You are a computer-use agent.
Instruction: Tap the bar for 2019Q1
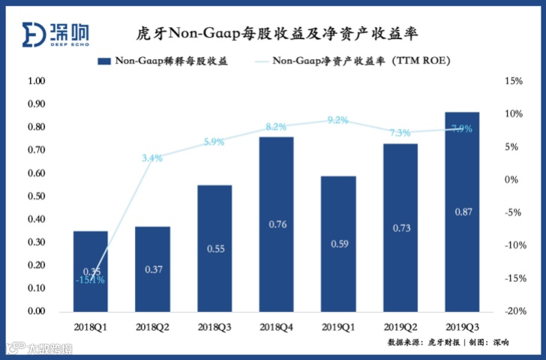pyautogui.click(x=338, y=243)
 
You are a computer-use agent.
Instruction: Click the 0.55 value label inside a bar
pyautogui.click(x=214, y=248)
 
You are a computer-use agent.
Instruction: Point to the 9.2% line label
pyautogui.click(x=338, y=120)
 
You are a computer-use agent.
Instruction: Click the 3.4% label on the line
pyautogui.click(x=152, y=157)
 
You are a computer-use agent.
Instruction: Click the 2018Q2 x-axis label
pyautogui.click(x=152, y=327)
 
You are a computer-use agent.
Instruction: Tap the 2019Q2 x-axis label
pyautogui.click(x=400, y=327)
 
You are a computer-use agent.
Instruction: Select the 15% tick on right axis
pyautogui.click(x=512, y=81)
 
